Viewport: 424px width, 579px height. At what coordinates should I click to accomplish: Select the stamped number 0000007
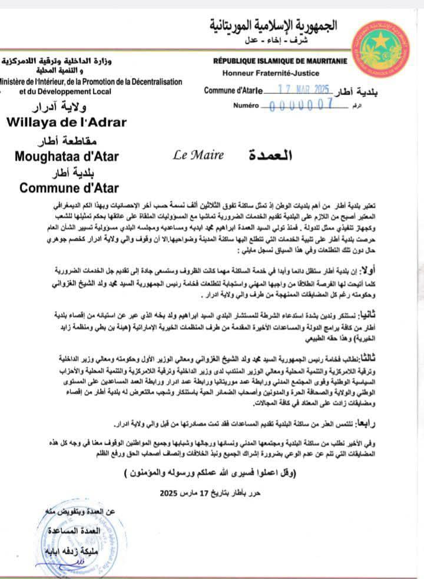299,105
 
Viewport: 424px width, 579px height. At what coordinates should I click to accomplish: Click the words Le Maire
198,155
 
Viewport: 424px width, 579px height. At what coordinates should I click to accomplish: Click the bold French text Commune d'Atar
69,188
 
